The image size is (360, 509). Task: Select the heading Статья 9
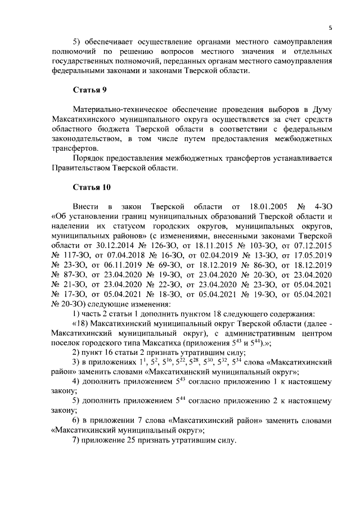(89, 90)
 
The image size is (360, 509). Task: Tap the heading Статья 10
(92, 186)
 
